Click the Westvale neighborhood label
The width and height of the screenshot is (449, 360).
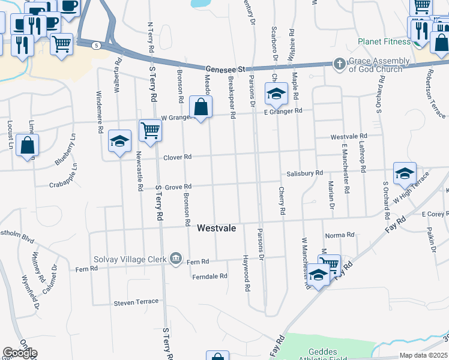click(216, 229)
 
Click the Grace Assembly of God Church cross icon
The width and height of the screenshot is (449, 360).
click(340, 64)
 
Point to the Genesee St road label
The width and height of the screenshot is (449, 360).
click(225, 69)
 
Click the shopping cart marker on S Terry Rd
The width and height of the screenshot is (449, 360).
click(149, 130)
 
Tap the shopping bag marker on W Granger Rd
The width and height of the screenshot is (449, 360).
click(201, 107)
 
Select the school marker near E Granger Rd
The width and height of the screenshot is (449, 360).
click(276, 94)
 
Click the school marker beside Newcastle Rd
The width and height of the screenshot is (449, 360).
click(119, 141)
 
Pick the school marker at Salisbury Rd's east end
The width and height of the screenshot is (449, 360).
click(405, 173)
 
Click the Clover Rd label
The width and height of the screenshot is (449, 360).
click(177, 157)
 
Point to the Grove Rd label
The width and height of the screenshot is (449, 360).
click(178, 187)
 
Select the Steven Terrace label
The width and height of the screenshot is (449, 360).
click(136, 302)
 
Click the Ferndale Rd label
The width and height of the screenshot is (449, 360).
click(209, 277)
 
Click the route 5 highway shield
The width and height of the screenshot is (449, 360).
click(96, 45)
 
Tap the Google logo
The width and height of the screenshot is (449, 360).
click(20, 353)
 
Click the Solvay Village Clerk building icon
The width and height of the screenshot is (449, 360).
click(175, 259)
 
